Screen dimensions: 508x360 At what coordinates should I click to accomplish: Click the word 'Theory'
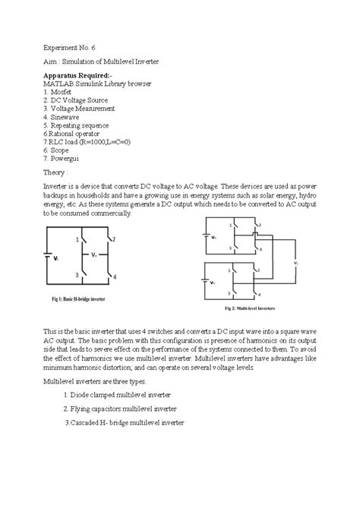pos(56,194)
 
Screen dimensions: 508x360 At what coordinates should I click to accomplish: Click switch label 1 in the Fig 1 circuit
pos(77,240)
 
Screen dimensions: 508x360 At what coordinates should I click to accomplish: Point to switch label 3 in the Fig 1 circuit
pos(77,275)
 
